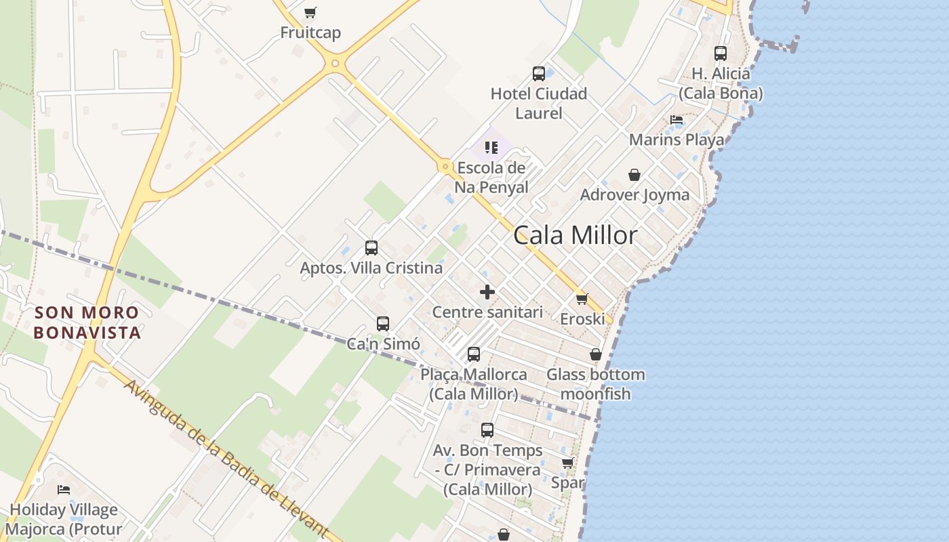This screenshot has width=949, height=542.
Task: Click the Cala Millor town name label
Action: tap(575, 235)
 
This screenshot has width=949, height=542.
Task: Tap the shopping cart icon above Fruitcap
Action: tap(310, 12)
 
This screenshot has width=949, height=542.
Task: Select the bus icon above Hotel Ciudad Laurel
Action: tap(539, 74)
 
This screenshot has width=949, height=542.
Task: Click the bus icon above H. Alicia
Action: tap(721, 53)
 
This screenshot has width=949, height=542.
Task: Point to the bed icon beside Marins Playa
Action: tap(677, 120)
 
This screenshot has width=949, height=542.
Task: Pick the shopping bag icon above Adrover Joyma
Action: tap(634, 175)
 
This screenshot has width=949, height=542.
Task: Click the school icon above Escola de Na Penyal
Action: tap(491, 147)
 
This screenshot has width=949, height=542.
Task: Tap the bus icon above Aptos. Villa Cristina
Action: tap(371, 248)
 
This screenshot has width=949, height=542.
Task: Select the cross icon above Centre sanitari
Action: tap(487, 292)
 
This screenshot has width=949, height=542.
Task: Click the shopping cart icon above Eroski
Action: tap(582, 299)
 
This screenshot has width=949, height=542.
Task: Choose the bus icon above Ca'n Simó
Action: tap(383, 324)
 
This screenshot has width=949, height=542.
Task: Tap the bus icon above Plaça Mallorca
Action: tap(474, 354)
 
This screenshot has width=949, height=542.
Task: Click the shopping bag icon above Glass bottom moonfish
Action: tap(596, 354)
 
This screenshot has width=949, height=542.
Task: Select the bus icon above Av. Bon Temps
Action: tap(487, 430)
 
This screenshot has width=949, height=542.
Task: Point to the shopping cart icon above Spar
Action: tap(568, 463)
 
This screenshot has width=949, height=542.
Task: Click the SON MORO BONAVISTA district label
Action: tap(87, 322)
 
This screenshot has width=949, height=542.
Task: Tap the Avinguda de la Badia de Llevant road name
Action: tap(228, 459)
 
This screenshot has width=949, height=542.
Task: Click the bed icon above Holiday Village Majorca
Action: tap(64, 489)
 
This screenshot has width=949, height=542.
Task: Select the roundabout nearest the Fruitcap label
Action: tap(334, 64)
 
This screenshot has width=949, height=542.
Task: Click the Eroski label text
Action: tap(582, 318)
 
